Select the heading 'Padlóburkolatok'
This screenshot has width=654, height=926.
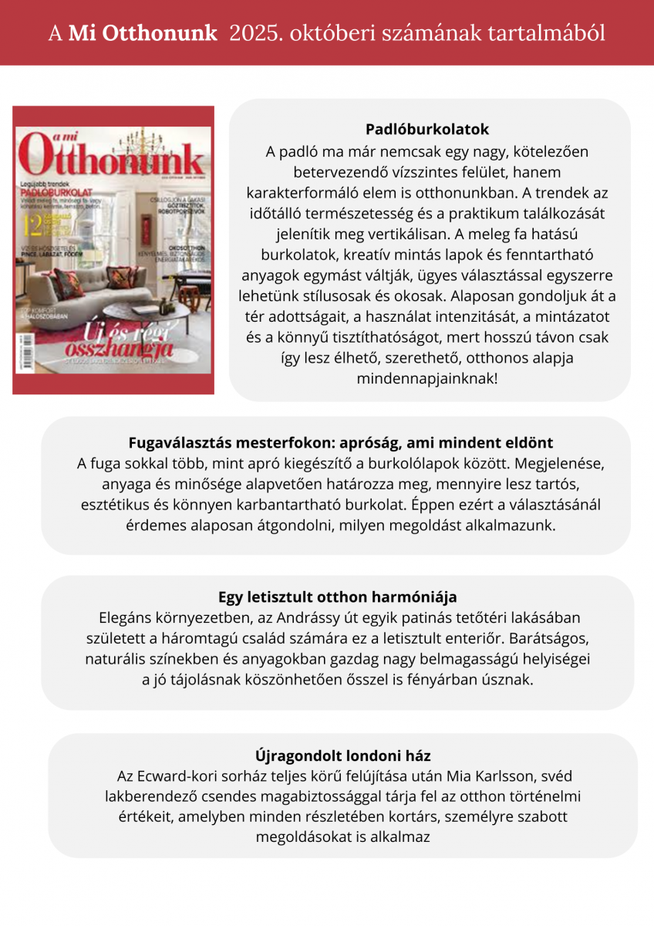pos(427,129)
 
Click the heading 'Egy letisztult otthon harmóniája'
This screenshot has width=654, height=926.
pos(337,597)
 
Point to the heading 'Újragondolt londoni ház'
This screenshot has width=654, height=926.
pos(342,755)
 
